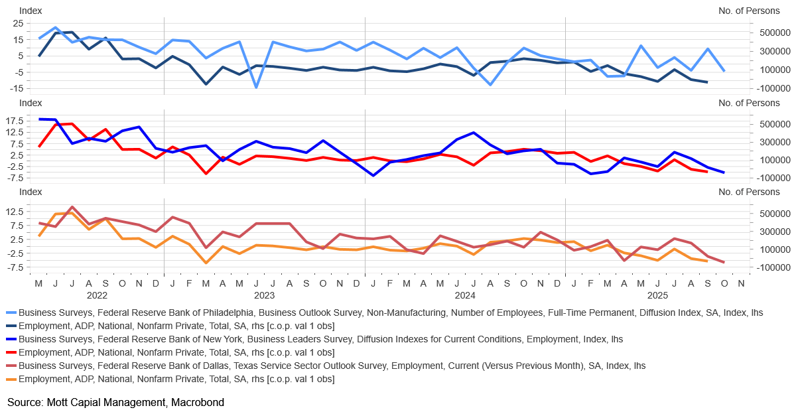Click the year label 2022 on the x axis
[97, 295]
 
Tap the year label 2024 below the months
[464, 295]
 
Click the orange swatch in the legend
[11, 380]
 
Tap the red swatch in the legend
[11, 352]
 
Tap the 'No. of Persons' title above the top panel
[749, 11]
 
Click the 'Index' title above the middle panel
[30, 103]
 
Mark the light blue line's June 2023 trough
[256, 87]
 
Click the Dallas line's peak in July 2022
[72, 207]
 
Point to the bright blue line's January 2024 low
[373, 176]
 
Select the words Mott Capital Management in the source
[98, 402]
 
